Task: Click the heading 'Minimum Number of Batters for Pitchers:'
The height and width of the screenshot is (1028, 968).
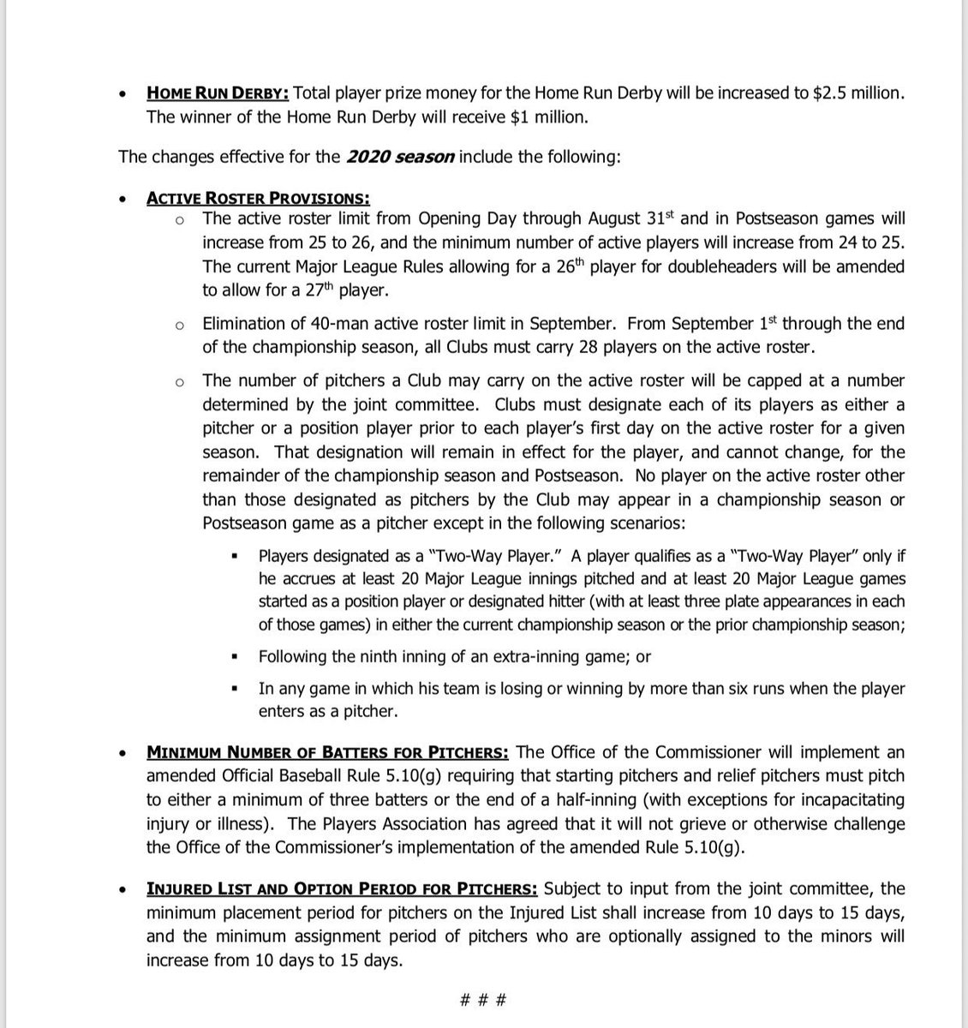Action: point(328,752)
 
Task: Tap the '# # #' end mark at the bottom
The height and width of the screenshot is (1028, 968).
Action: point(484,1000)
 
